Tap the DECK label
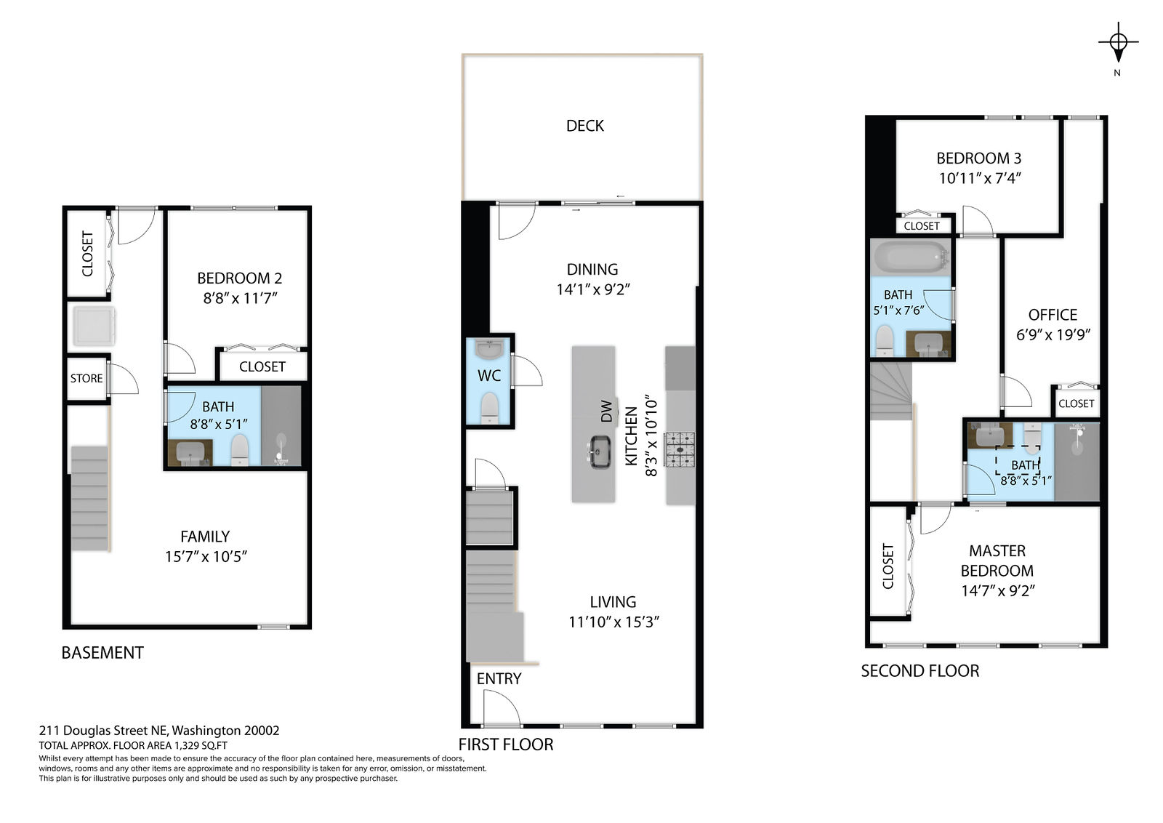coord(584,126)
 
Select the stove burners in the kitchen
coord(680,449)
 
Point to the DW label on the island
coord(606,411)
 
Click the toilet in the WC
coord(490,408)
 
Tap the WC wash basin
coord(489,350)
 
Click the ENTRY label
coord(499,678)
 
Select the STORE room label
coord(86,378)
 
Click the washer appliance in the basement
coord(94,326)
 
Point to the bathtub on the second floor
coord(912,257)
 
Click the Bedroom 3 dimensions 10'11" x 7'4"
coord(980,178)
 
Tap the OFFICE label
coord(1053,315)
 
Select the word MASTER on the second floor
coord(997,550)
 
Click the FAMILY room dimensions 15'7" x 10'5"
coord(206,557)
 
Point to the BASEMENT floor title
coord(102,653)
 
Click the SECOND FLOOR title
coord(920,671)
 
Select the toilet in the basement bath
coord(239,449)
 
